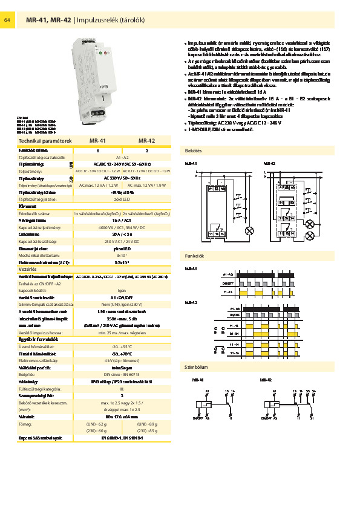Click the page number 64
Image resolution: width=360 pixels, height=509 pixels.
tap(7, 21)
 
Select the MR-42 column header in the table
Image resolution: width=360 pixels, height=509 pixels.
tap(147, 140)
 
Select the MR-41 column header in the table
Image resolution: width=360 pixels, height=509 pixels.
tap(97, 140)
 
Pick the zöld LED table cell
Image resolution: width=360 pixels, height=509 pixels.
tap(122, 198)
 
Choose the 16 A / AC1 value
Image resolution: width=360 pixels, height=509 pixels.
tap(122, 221)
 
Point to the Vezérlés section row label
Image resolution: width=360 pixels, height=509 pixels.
tap(28, 269)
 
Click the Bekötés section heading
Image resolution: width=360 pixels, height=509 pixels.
tap(194, 150)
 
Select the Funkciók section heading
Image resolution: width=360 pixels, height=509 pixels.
tap(195, 256)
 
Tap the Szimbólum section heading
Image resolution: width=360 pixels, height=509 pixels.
tap(196, 366)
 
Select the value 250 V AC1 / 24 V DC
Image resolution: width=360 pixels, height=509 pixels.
tap(122, 241)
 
